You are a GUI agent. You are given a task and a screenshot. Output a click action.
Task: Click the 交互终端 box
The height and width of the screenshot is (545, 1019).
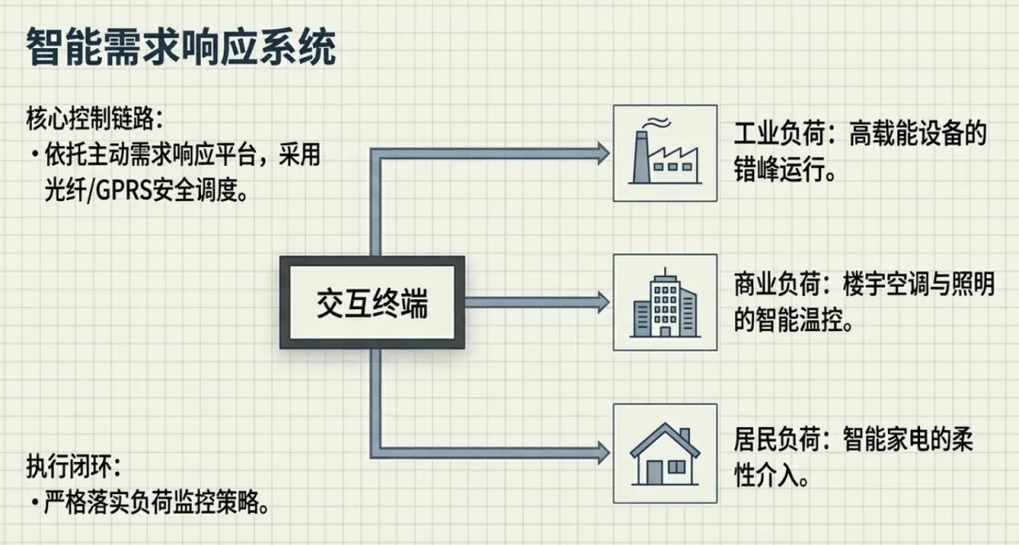(372, 304)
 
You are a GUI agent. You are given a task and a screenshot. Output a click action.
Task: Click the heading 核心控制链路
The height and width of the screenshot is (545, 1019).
(94, 120)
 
